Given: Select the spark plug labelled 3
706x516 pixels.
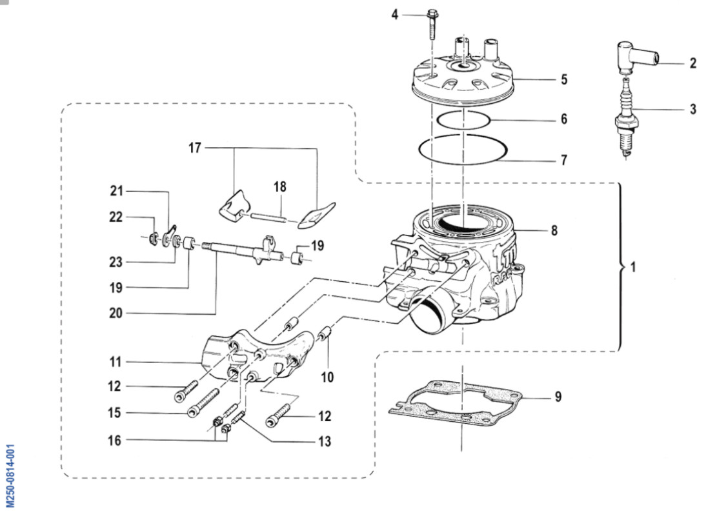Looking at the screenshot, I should (624, 119).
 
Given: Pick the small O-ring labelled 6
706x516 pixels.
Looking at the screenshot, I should (463, 119).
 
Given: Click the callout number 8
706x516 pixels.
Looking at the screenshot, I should (554, 230).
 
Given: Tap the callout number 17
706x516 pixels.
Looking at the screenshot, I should (194, 148).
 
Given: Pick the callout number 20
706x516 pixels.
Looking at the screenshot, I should (115, 313).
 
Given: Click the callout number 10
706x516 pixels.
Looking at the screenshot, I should (327, 377).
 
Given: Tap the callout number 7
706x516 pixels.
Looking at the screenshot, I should (563, 160).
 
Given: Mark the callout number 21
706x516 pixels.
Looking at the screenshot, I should (116, 191).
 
